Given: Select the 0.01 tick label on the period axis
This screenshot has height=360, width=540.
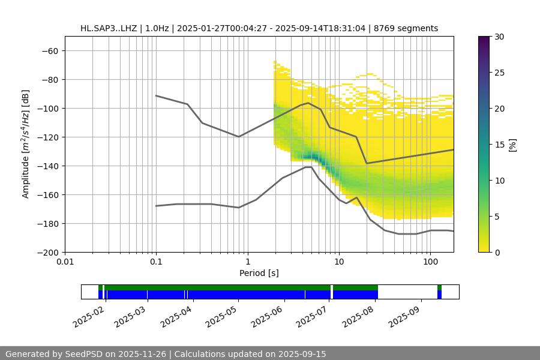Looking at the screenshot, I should [x=65, y=262].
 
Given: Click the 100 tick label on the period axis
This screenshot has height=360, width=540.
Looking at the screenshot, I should [x=430, y=262].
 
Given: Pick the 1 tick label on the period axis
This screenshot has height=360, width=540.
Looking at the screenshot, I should [x=247, y=262].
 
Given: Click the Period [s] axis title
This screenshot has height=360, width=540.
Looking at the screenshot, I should [x=259, y=273].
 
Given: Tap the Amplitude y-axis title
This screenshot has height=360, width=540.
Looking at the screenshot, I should [x=26, y=144].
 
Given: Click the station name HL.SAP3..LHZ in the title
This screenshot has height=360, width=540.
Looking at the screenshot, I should [x=110, y=28].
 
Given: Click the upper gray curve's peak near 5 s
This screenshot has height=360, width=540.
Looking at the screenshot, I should [x=308, y=103].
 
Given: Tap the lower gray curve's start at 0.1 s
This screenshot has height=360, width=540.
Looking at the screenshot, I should [x=156, y=206].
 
